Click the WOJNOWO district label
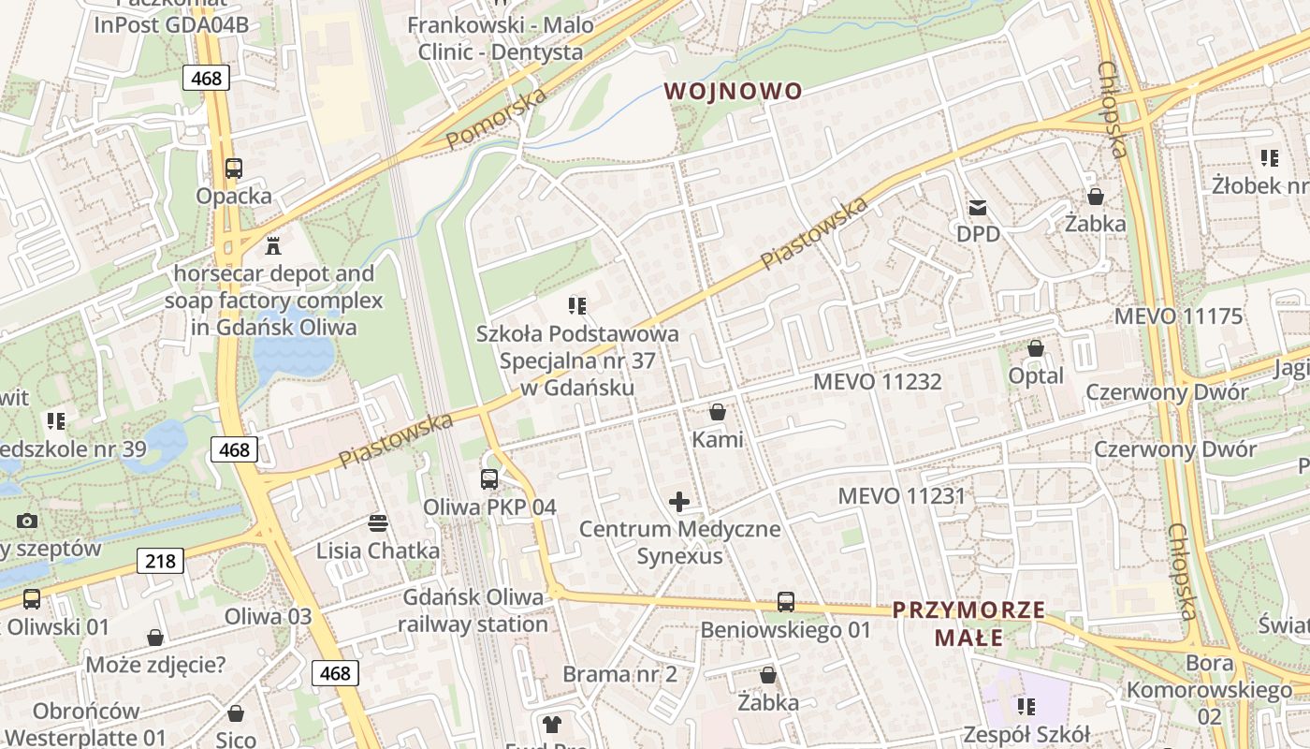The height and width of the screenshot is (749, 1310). click(x=734, y=91)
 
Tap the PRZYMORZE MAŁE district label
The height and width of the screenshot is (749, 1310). click(x=968, y=624)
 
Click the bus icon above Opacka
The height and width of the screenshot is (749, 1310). click(x=234, y=169)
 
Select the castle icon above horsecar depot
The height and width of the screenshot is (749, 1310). click(x=273, y=245)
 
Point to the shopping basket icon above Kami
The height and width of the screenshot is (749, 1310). click(x=718, y=412)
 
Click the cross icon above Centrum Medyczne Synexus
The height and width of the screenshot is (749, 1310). click(x=679, y=502)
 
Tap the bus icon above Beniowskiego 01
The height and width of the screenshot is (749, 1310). click(x=786, y=602)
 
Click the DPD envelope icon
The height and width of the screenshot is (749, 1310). click(x=978, y=207)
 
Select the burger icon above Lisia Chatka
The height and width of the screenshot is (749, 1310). click(x=378, y=522)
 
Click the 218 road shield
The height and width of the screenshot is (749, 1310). click(x=160, y=561)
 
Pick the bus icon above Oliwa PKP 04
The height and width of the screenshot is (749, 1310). click(x=489, y=479)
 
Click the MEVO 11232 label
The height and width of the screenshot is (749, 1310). click(x=877, y=382)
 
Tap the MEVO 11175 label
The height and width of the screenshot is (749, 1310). click(x=1178, y=316)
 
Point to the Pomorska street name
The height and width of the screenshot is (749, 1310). click(x=496, y=118)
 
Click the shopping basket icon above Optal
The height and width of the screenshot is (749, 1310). click(x=1036, y=348)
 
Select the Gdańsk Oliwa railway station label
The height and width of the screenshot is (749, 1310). click(x=473, y=610)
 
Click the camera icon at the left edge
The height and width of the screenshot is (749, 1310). click(x=27, y=521)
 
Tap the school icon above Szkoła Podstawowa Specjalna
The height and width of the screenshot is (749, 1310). click(x=577, y=305)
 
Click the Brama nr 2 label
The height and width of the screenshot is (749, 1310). click(x=619, y=674)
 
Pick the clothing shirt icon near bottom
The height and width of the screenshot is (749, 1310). click(x=552, y=724)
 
